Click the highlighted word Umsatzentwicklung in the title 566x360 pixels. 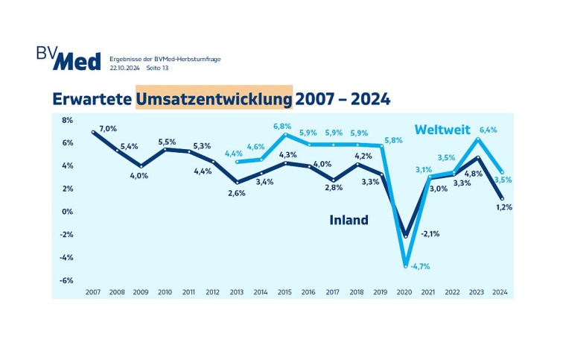pos(214,99)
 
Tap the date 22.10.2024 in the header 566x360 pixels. pos(124,67)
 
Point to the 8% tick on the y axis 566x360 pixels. pos(66,120)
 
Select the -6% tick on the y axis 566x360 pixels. pos(66,280)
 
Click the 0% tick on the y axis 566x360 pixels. pos(67,212)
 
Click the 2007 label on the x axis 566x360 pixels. pos(93,292)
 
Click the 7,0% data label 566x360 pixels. pos(108,128)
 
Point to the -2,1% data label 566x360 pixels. pos(430,233)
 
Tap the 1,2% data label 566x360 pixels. pos(504,207)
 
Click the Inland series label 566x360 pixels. pos(349,220)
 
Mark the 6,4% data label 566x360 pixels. pos(487,130)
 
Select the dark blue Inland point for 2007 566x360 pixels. pos(94,132)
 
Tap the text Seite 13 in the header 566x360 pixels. pos(158,67)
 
